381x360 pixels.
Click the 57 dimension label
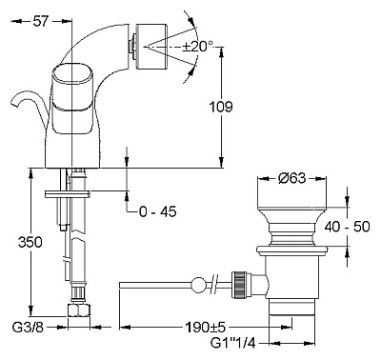pos(41,21)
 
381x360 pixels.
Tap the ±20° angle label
pos(198,47)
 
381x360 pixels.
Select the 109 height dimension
pos(221,107)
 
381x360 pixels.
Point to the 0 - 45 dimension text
pos(158,211)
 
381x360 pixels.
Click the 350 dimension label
pos(30,243)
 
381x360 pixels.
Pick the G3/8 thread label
pos(28,327)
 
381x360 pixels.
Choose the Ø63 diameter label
pos(292,178)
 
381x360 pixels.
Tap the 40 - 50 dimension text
pos(348,227)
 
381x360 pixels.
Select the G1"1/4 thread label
pos(233,343)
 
